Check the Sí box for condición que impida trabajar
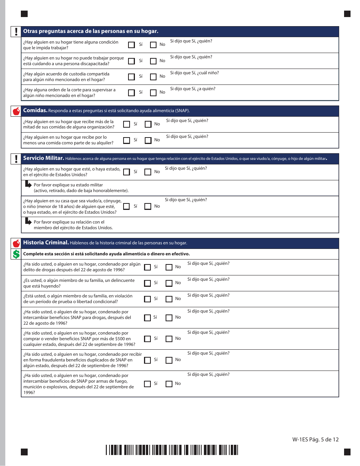click(x=131, y=45)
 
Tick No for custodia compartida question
click(x=153, y=77)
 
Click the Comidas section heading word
click(x=35, y=111)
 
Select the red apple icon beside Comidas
click(x=16, y=111)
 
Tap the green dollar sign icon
click(x=16, y=254)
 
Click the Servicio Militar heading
click(x=43, y=158)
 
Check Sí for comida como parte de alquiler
click(x=127, y=140)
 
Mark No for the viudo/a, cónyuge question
click(x=148, y=206)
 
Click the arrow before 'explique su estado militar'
click(x=28, y=185)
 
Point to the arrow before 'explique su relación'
click(x=28, y=221)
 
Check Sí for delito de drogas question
click(x=147, y=267)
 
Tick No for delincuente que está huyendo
click(x=169, y=283)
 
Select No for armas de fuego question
click(x=169, y=384)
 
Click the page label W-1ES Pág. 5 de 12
click(x=315, y=439)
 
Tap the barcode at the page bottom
click(x=172, y=450)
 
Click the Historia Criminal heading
click(x=45, y=243)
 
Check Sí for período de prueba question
click(x=147, y=299)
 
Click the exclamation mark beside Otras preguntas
click(x=16, y=31)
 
